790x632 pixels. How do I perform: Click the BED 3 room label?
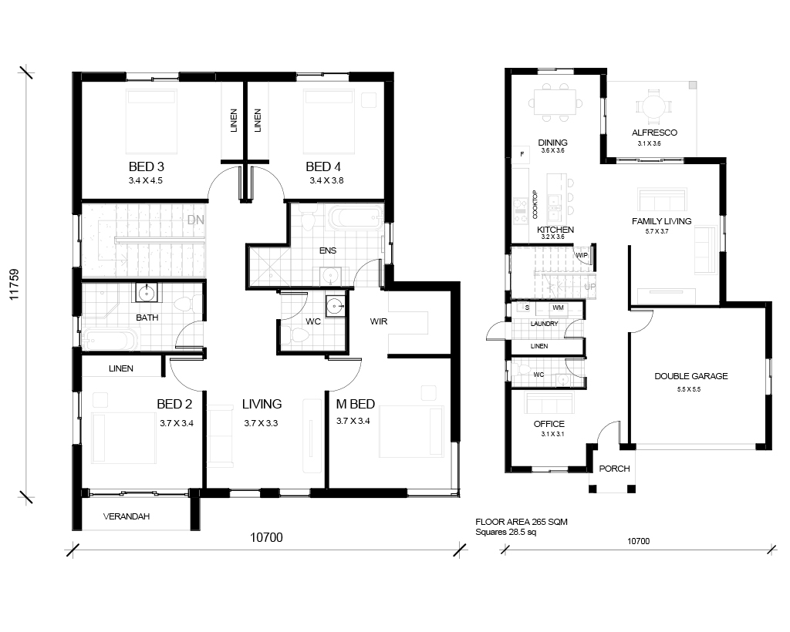[x=146, y=166]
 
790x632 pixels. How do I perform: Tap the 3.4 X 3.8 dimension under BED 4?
[x=326, y=180]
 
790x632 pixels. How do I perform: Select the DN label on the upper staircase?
[x=195, y=220]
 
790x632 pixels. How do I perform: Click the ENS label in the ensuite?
[x=328, y=250]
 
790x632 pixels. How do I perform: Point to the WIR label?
[x=378, y=321]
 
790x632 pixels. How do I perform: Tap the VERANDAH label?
[x=127, y=516]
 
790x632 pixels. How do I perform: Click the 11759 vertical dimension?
[x=14, y=284]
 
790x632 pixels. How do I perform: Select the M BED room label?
[x=355, y=404]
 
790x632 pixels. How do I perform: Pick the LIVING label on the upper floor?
[x=262, y=404]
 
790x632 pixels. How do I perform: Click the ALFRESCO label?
[x=654, y=133]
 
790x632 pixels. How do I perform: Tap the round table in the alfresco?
[x=653, y=106]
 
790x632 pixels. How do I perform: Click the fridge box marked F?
[x=522, y=154]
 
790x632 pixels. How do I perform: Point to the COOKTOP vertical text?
[x=535, y=205]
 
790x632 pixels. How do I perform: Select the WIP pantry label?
[x=582, y=256]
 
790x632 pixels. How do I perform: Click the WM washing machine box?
[x=558, y=308]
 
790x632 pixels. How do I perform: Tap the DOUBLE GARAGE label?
[x=690, y=376]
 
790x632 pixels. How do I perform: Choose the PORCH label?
[x=614, y=469]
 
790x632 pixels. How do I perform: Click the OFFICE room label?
[x=549, y=424]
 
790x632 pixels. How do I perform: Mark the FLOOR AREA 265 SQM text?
[x=522, y=523]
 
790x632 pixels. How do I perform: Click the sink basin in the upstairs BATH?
[x=147, y=292]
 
